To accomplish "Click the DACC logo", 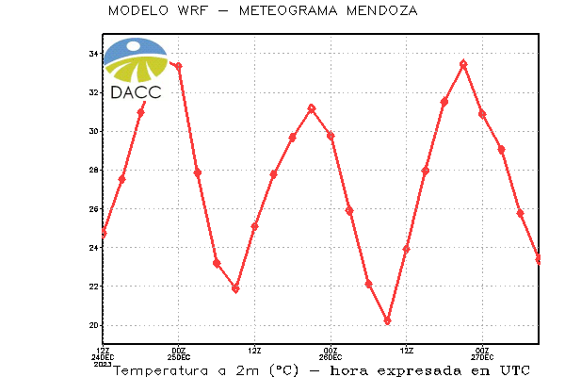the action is [136, 69].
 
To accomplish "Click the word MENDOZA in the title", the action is [382, 10].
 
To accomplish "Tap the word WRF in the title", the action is [193, 10].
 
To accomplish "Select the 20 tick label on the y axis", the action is [93, 325].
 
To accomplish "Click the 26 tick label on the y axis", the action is [93, 209].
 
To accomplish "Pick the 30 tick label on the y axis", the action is [93, 131].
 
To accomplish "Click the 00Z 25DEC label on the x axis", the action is [179, 354].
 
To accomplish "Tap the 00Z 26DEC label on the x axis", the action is [331, 354].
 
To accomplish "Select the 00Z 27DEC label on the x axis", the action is [482, 354].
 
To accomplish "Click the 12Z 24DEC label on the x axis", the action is [103, 357].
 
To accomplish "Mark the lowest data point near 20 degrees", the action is [387, 321].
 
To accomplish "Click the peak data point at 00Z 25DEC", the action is [178, 66].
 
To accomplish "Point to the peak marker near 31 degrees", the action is [312, 108].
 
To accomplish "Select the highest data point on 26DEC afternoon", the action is [463, 64].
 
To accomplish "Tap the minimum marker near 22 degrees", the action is [235, 288].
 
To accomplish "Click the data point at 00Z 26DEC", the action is [331, 136].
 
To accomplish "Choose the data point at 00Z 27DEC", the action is [482, 114].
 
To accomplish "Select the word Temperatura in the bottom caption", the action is [161, 370].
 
